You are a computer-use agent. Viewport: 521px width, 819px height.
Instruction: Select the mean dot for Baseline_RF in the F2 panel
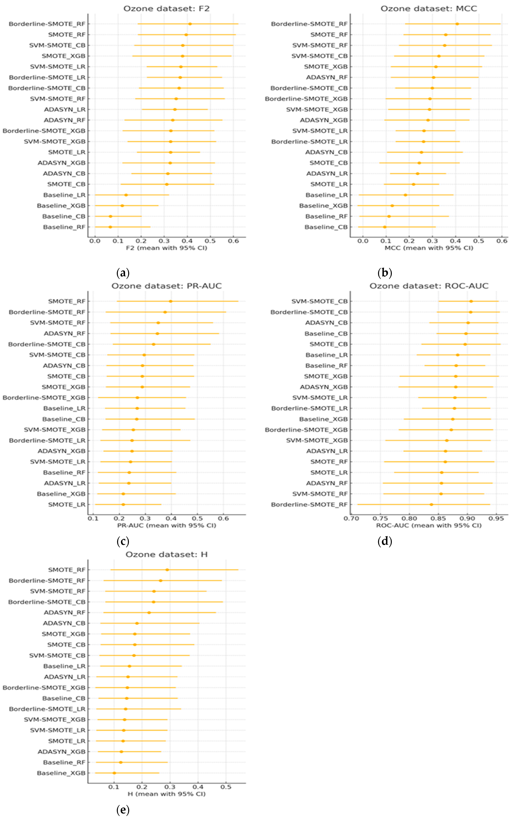point(110,227)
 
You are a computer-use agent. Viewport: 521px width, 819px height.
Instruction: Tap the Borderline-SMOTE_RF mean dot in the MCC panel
point(457,24)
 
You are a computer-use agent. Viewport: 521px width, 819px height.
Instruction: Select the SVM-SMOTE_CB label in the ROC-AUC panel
point(319,301)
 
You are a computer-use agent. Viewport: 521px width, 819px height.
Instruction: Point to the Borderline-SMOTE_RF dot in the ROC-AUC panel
point(431,504)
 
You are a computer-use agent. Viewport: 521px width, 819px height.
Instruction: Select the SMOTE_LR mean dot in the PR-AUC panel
point(123,504)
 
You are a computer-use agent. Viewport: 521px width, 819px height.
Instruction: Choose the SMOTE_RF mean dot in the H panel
point(167,570)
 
